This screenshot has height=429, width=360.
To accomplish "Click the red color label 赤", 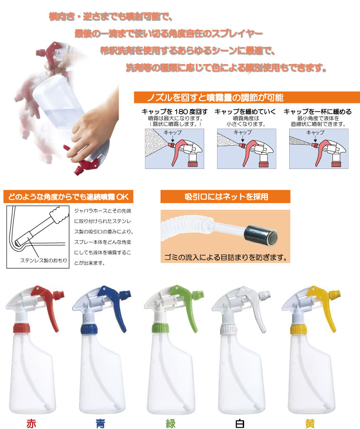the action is click(31, 423).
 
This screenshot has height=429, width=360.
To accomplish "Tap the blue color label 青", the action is click(101, 423).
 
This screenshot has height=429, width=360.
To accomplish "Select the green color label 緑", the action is click(171, 423).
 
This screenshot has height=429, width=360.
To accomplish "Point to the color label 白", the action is click(240, 423).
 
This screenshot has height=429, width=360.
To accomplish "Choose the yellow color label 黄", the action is click(310, 423).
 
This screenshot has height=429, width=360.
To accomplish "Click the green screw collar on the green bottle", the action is click(161, 327).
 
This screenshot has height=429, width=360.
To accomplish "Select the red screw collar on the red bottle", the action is click(21, 328).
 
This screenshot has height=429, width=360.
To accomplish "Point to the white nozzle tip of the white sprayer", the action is click(265, 295).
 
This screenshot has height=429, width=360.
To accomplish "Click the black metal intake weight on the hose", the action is click(261, 235).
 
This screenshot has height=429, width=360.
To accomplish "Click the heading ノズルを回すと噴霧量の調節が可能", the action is click(215, 98).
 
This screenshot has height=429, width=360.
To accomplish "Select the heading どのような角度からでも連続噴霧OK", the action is click(68, 197).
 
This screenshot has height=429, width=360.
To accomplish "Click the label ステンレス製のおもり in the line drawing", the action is click(44, 261).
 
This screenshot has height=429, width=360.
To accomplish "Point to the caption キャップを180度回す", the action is click(174, 112).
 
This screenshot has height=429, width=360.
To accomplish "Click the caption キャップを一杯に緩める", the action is click(318, 112).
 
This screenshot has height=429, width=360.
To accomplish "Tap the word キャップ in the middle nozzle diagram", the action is click(243, 132).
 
